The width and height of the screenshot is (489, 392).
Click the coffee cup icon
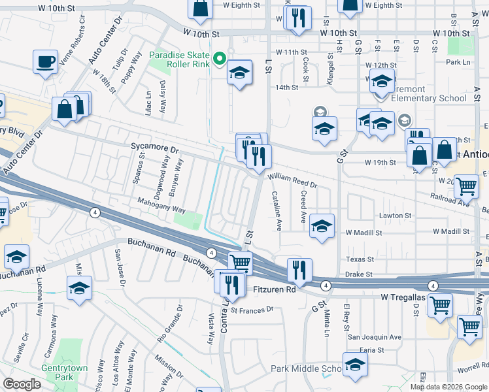(45, 63)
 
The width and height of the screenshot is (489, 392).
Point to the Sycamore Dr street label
(154, 149)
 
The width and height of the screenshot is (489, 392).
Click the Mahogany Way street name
(161, 210)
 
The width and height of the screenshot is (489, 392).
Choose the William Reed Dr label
(292, 180)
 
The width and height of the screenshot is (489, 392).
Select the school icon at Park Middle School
(354, 365)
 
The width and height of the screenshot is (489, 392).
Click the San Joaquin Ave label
(374, 337)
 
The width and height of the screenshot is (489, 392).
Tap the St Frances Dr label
(251, 310)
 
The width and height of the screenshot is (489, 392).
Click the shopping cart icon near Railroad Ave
(465, 187)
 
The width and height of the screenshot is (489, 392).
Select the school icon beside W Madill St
(322, 226)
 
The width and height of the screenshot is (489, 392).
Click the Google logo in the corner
(22, 384)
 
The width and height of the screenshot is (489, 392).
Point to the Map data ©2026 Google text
(448, 387)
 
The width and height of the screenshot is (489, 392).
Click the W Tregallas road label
(405, 298)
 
